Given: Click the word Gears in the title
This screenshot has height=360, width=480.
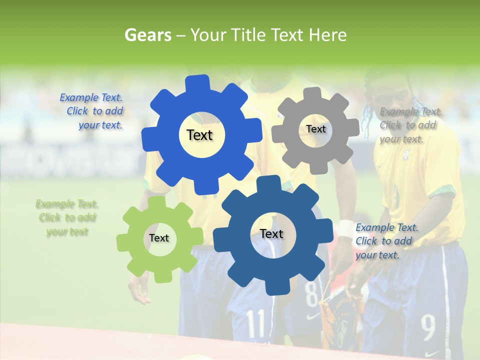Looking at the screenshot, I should [x=147, y=35].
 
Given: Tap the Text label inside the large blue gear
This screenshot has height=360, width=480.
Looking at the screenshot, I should [x=199, y=135].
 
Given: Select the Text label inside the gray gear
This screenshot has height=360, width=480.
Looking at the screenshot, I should [x=315, y=129].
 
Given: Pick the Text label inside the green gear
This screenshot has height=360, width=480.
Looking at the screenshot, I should [x=159, y=238].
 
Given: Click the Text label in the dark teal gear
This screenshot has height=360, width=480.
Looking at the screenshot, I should [x=271, y=234].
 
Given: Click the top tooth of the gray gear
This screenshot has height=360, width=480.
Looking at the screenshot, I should [x=313, y=93].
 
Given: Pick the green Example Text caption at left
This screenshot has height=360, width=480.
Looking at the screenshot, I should [x=67, y=217].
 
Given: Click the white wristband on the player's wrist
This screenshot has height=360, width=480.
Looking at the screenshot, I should [x=346, y=228].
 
